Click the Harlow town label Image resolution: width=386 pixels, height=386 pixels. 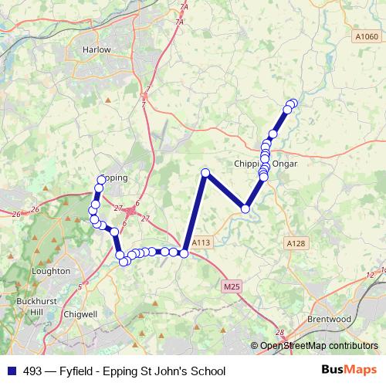click(x=96, y=49)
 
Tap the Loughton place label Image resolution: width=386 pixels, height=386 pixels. click(x=52, y=272)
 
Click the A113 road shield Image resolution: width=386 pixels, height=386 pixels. click(x=201, y=242)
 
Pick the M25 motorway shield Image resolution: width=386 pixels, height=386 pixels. click(x=231, y=286)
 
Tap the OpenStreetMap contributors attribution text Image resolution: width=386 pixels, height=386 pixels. click(x=319, y=346)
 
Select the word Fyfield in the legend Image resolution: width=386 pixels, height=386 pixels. click(x=74, y=371)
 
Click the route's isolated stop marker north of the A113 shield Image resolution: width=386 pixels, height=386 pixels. click(x=205, y=173)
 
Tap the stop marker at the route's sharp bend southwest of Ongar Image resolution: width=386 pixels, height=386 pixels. click(x=245, y=208)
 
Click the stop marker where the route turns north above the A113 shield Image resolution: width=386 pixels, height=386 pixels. click(x=185, y=252)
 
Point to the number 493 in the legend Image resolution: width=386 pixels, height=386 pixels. click(x=33, y=371)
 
